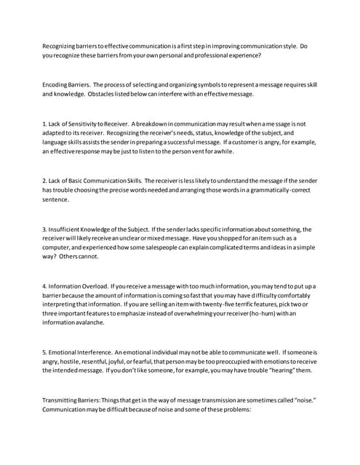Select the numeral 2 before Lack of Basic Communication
(x=44, y=179)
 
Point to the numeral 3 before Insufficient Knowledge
(x=44, y=230)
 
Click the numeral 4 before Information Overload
(x=44, y=286)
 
